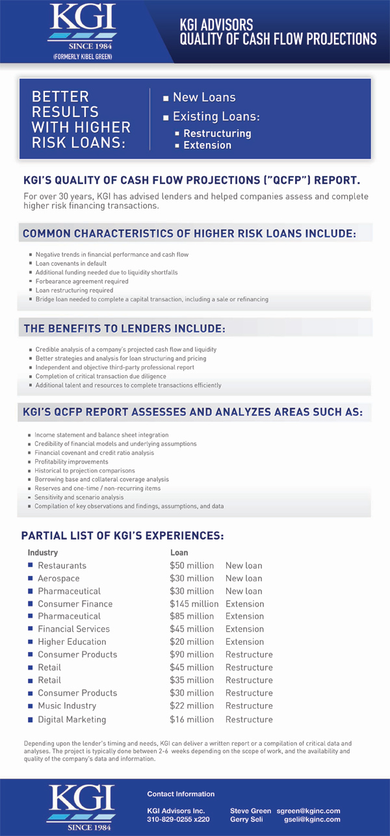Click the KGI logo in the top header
point(81,25)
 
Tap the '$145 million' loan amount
point(194,604)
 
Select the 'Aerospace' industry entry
point(58,579)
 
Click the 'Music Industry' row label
point(66,706)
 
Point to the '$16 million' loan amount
point(192,720)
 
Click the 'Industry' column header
point(42,553)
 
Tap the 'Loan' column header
point(179,553)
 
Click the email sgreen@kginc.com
point(308,811)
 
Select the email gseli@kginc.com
point(312,819)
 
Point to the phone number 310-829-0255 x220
point(178,819)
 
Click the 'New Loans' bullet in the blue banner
point(203,98)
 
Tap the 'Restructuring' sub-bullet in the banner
point(216,133)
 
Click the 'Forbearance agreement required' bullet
point(82,281)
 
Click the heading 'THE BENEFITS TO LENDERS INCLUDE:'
point(124,329)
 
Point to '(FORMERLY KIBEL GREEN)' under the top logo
point(82,57)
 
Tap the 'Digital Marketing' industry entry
point(71,720)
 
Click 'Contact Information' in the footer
point(181,794)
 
